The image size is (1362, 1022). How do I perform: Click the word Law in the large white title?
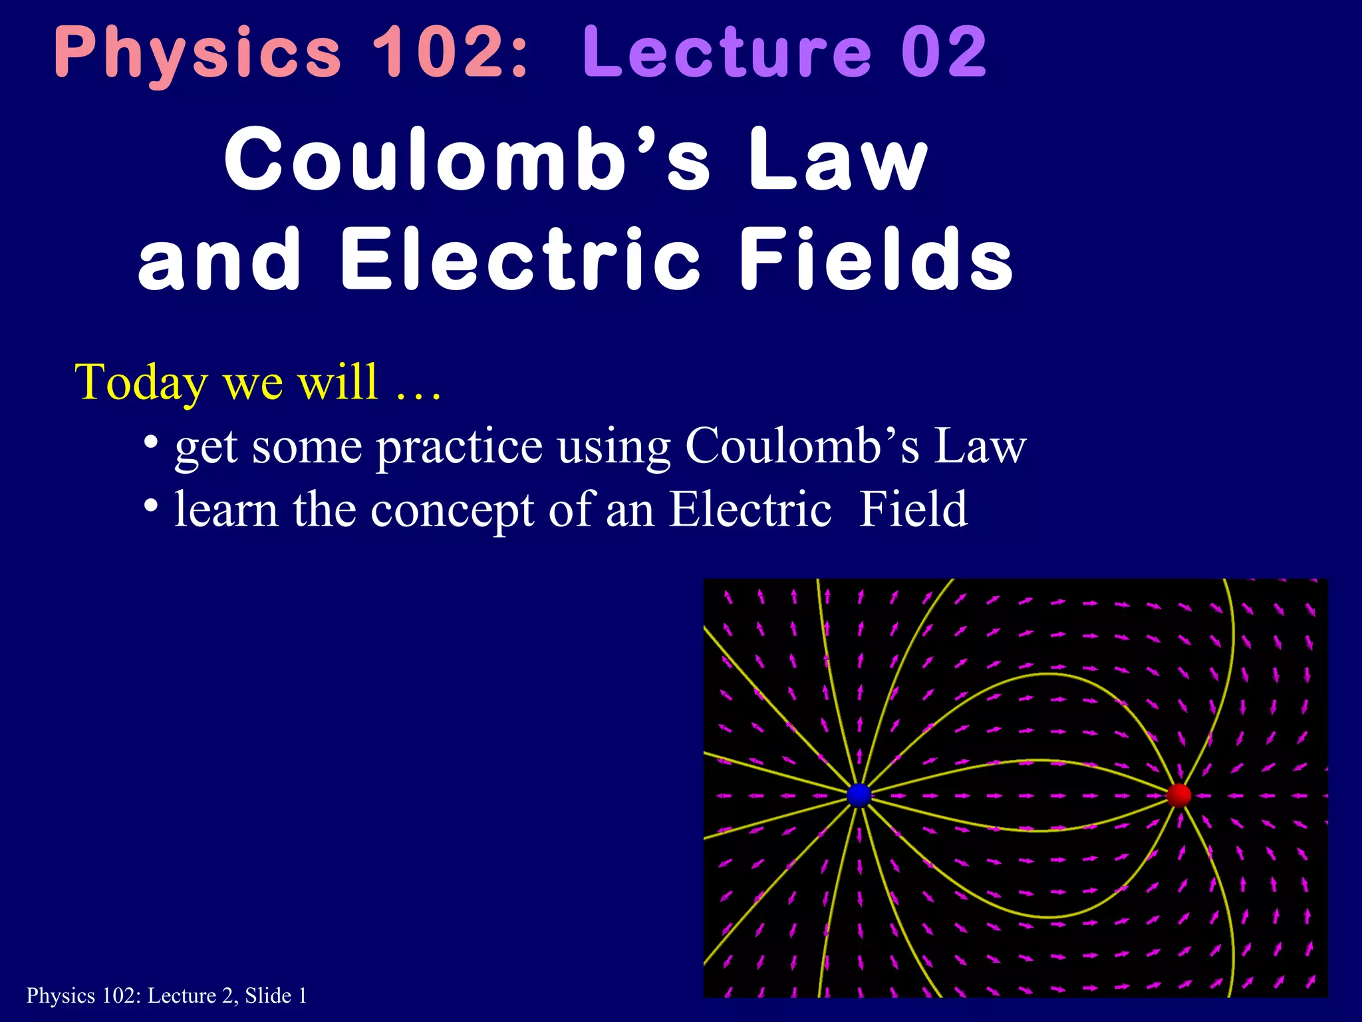click(838, 160)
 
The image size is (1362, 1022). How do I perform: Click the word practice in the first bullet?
click(460, 447)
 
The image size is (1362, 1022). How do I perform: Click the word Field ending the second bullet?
click(913, 509)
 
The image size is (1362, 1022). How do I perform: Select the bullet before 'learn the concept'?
click(151, 505)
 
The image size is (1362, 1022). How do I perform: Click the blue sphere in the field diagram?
click(859, 795)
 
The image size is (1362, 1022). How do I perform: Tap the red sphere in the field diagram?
click(1178, 795)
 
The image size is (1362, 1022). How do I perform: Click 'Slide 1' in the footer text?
click(276, 996)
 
